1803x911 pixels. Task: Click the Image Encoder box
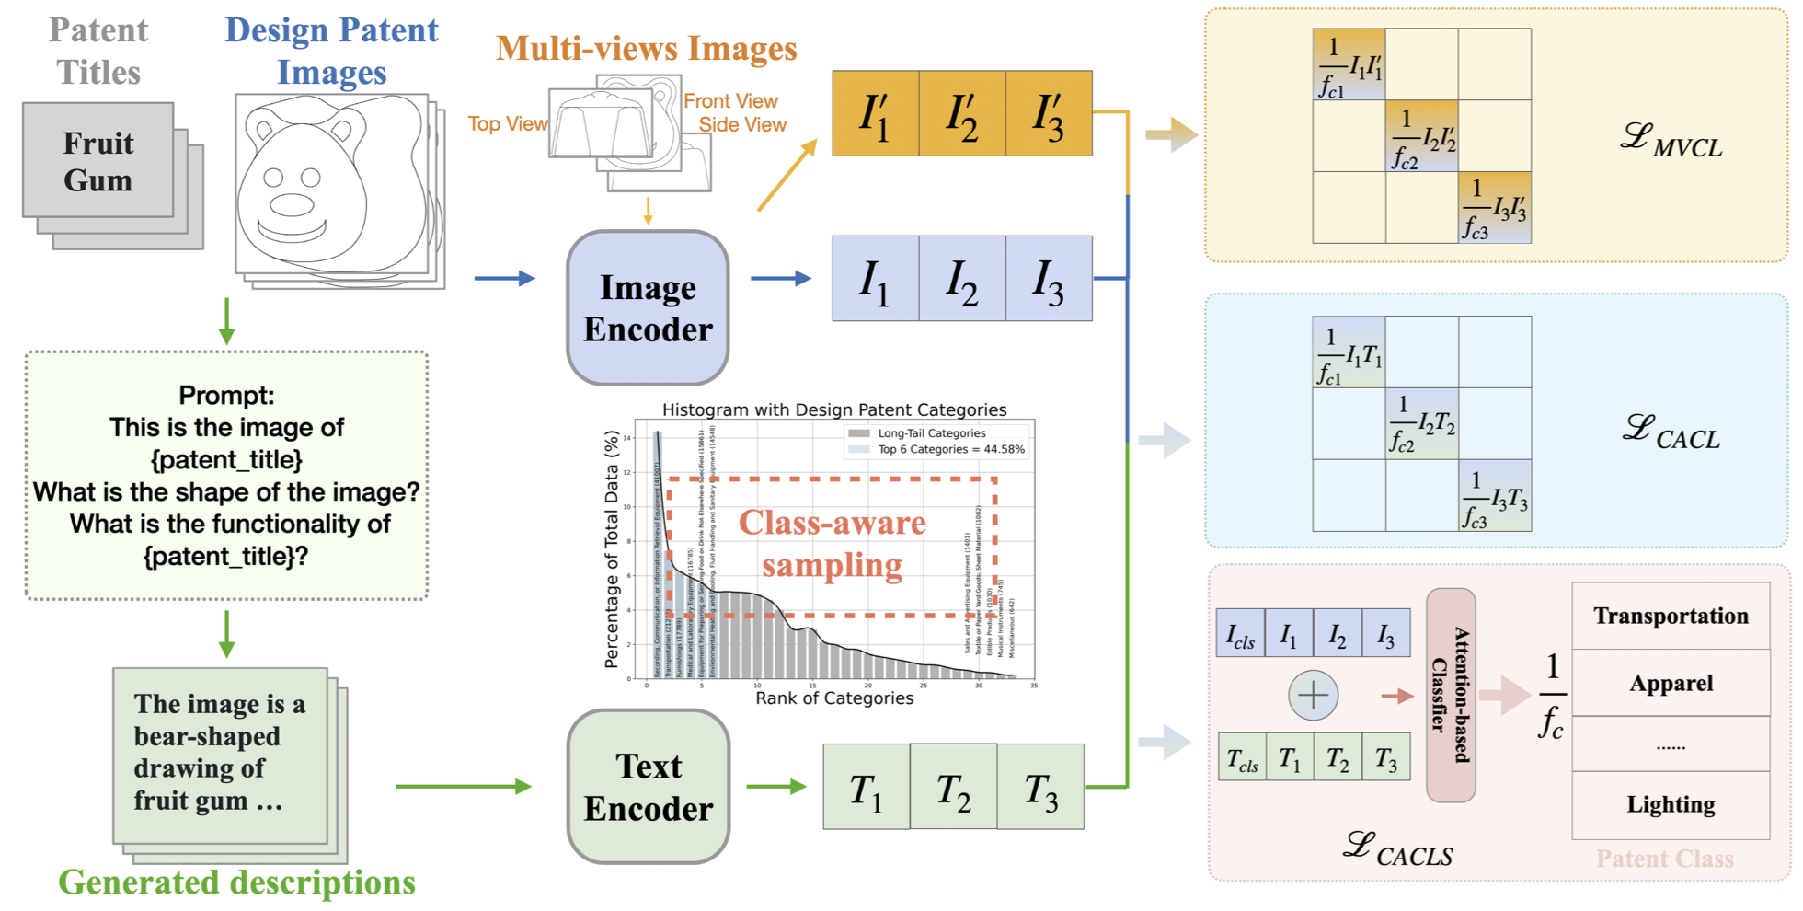(648, 307)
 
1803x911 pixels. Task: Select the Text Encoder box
(648, 787)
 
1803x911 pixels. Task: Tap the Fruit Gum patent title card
(98, 161)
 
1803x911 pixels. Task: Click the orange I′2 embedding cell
(961, 114)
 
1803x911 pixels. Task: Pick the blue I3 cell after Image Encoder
(1048, 279)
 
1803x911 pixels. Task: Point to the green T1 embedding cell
(866, 788)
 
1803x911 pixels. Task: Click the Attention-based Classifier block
(1451, 695)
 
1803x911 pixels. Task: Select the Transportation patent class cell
(1671, 616)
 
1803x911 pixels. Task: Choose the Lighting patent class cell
(1671, 804)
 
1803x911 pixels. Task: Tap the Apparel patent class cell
(1671, 683)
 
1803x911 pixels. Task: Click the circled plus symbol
(1313, 695)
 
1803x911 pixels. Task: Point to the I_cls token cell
(1240, 633)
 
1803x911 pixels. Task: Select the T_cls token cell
(1242, 757)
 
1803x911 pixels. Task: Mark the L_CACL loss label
(1671, 432)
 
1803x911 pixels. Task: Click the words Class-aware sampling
(832, 543)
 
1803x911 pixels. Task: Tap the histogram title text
(833, 409)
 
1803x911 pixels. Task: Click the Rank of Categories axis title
(833, 698)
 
